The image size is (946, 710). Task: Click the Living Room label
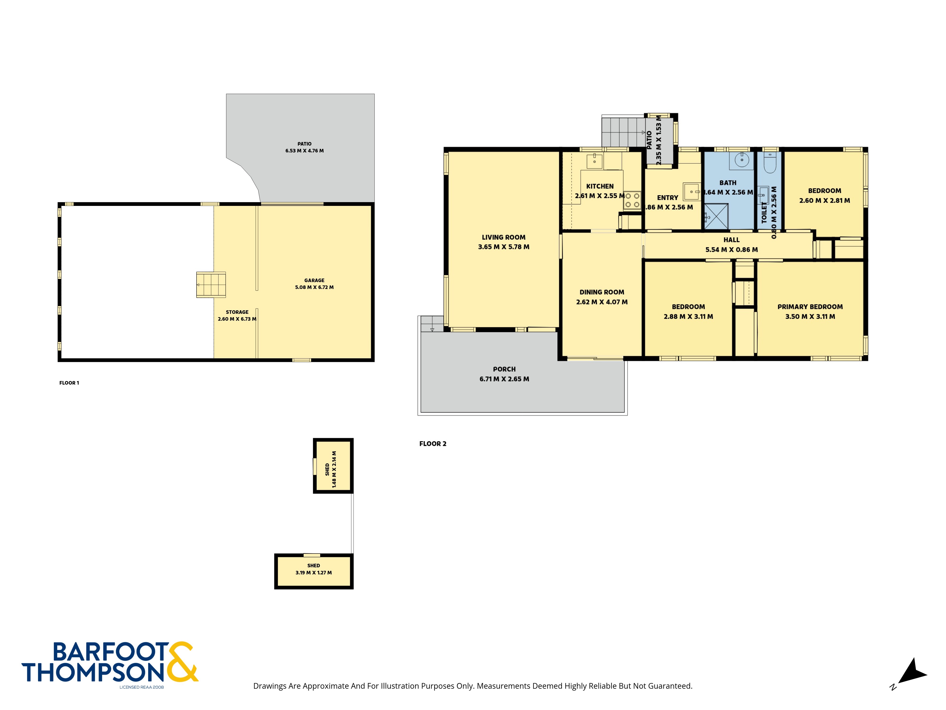(x=503, y=237)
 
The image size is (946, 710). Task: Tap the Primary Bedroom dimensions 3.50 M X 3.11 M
(x=810, y=317)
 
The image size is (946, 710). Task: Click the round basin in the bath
(x=742, y=160)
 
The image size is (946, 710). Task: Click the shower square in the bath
(x=716, y=216)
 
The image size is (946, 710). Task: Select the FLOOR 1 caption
(x=69, y=383)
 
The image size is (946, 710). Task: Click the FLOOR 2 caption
(x=433, y=444)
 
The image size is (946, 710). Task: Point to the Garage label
(x=314, y=280)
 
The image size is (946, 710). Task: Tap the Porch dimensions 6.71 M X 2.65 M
(x=504, y=379)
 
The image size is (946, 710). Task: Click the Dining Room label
(x=602, y=292)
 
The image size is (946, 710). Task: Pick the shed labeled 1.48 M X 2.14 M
(x=333, y=466)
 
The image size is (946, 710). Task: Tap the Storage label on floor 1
(x=237, y=312)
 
